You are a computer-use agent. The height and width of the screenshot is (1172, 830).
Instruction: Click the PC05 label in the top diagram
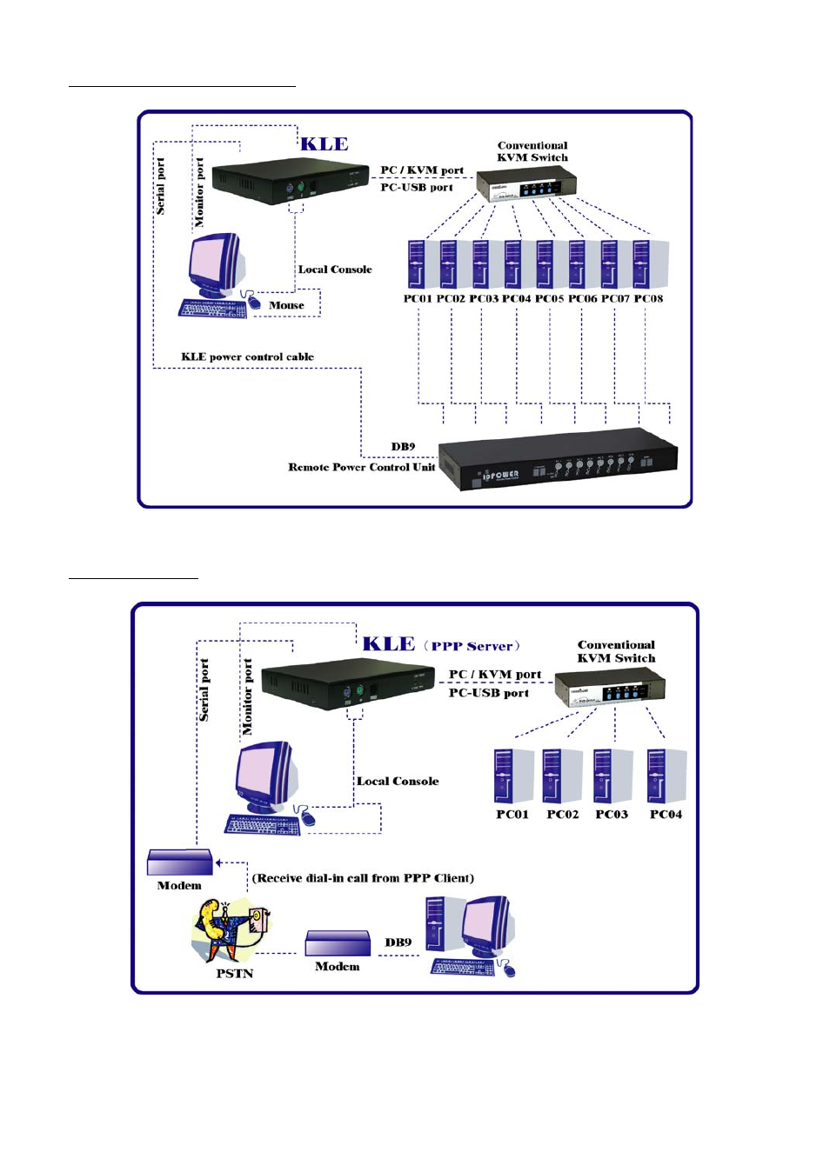pos(550,299)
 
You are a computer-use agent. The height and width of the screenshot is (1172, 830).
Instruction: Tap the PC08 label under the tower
pos(649,299)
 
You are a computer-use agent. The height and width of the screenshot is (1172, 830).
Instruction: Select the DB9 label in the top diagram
pos(403,447)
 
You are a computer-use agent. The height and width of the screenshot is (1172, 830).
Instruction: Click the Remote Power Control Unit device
pos(558,458)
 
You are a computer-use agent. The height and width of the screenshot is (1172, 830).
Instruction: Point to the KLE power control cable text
pos(247,356)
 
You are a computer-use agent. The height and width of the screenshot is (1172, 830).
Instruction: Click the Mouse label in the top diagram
pos(286,305)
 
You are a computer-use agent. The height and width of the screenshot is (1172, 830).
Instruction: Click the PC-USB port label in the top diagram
pos(417,187)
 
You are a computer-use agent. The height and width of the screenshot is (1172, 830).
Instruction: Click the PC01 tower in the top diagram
pos(417,263)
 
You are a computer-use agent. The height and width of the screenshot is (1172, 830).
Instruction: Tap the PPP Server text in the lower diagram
pos(472,646)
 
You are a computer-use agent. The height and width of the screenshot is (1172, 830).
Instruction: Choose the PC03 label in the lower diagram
pos(612,815)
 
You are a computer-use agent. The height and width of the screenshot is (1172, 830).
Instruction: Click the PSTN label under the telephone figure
pos(235,974)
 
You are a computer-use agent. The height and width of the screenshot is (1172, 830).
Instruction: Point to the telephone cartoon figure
pos(230,929)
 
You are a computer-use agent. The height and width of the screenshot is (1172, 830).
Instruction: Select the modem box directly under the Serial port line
pos(180,862)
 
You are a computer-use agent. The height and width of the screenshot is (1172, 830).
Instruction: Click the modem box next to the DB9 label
pos(338,944)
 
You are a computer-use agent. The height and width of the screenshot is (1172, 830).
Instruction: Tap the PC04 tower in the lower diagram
pos(666,776)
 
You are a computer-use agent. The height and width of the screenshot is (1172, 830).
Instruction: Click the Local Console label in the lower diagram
pos(398,782)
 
